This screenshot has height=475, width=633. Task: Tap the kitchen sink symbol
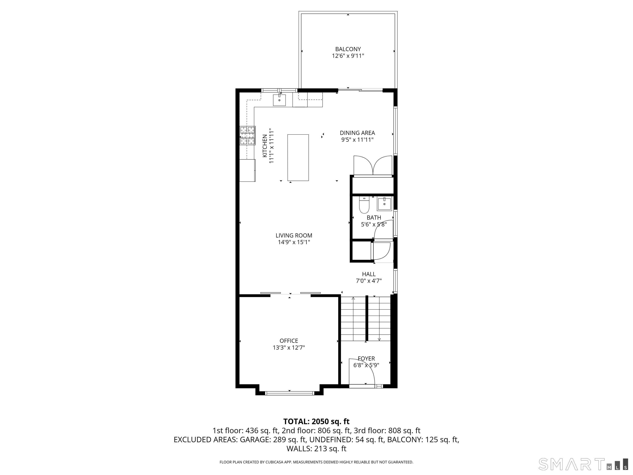(x=279, y=100)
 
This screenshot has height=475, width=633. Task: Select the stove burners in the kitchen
(x=247, y=135)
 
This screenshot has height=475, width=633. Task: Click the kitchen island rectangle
(x=298, y=158)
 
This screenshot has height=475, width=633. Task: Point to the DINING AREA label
(x=357, y=133)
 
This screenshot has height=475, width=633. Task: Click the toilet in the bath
(x=364, y=206)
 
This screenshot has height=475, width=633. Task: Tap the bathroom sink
(x=384, y=204)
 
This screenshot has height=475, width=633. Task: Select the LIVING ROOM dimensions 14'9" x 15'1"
(x=294, y=242)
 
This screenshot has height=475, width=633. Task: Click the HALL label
(x=369, y=274)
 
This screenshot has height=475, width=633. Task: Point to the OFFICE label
(x=289, y=341)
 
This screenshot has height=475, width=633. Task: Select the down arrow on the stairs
(x=379, y=339)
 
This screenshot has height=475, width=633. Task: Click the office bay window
(x=289, y=393)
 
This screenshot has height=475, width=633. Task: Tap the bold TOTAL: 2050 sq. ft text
(x=316, y=421)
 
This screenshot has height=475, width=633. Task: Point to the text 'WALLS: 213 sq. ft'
(x=316, y=449)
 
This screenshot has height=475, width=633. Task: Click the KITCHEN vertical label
(x=265, y=146)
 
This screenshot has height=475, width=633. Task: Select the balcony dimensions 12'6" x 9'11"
(x=348, y=56)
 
